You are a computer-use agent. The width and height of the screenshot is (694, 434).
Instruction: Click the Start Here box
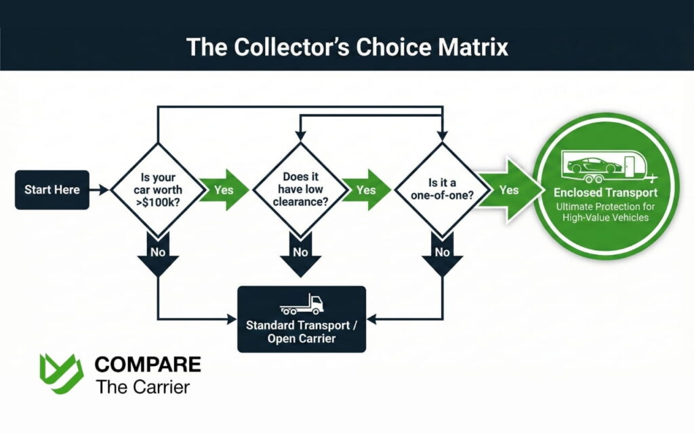click(x=52, y=189)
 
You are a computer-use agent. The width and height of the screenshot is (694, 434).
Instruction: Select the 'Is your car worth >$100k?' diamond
click(x=157, y=189)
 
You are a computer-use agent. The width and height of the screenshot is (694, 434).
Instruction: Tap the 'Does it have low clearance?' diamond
click(x=298, y=189)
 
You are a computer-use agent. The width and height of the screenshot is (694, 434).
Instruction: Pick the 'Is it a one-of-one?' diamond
click(x=442, y=189)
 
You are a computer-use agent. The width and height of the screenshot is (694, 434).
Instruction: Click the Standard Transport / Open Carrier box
click(x=302, y=319)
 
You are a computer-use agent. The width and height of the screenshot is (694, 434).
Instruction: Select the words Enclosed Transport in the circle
click(x=605, y=193)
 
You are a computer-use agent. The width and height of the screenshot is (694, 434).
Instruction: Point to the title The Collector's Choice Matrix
click(x=347, y=47)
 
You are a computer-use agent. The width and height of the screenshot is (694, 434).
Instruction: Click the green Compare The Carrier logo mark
click(x=60, y=374)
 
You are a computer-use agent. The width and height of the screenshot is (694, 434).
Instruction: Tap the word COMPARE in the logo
click(x=147, y=364)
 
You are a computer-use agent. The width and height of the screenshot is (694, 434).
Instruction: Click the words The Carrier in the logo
click(x=142, y=387)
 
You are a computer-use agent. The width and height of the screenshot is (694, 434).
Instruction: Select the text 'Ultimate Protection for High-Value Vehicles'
click(x=605, y=212)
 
